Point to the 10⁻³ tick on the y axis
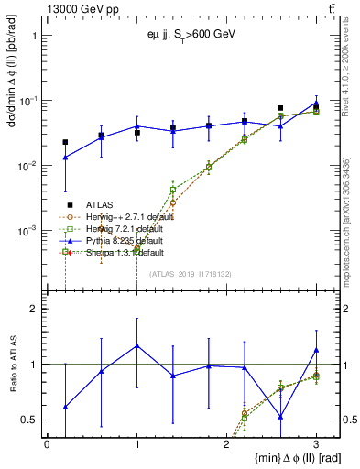(26, 231)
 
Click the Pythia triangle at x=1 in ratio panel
(136, 345)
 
